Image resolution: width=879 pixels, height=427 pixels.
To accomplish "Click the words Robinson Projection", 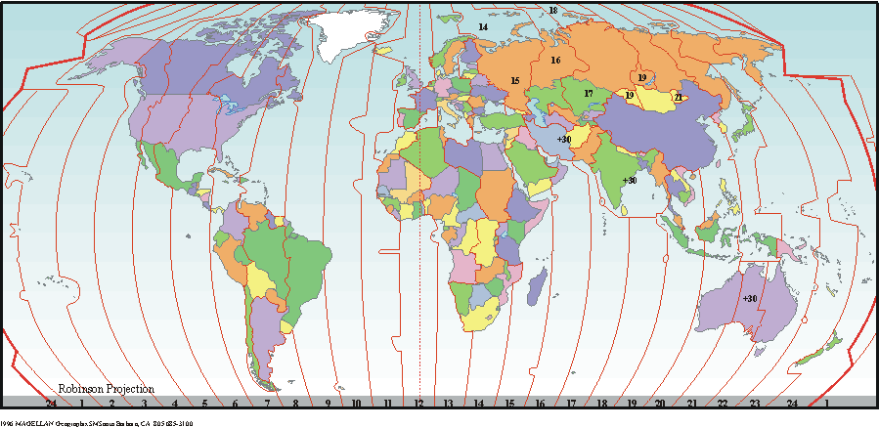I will pos(106,389).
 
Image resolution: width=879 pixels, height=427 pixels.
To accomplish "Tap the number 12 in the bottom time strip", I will pos(418,403).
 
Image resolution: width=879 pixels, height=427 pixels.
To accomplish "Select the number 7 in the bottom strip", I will pos(266,403).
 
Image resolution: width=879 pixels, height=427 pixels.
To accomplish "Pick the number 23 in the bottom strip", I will pos(754,403).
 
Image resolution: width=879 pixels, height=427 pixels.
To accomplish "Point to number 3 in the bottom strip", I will pos(144,403).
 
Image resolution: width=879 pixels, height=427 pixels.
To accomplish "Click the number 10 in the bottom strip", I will pos(357,403).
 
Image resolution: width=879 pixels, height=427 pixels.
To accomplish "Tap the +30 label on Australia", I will pos(750,298).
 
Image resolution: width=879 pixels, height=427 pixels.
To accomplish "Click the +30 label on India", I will pos(629,180).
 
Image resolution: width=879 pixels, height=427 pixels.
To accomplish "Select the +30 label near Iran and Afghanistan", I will pos(563,140).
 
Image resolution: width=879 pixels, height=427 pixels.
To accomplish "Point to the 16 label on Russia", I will pos(555,61).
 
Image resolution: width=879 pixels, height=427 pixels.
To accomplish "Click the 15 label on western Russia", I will pos(514,80).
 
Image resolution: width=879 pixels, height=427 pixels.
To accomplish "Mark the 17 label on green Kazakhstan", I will pos(589,93).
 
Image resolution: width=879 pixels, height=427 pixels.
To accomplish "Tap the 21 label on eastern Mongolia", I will pos(678,97).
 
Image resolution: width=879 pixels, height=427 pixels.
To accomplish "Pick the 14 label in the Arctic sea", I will pos(483,27).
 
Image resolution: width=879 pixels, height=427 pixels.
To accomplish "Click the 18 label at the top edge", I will pos(552,11).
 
